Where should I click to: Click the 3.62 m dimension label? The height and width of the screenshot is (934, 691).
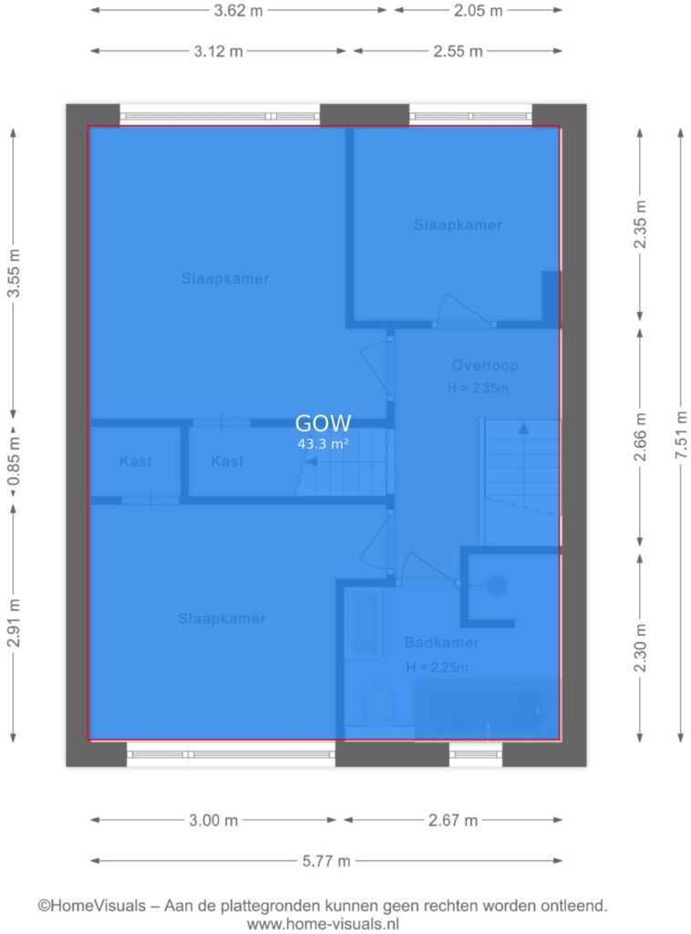(x=238, y=11)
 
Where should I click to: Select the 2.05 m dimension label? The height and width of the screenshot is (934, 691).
(x=478, y=11)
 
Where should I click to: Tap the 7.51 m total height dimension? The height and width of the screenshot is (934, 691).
(x=681, y=435)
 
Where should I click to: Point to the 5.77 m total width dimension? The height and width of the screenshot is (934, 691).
(x=326, y=861)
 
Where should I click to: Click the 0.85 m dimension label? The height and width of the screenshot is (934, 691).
(x=13, y=461)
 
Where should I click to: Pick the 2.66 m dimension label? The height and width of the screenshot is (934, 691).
(x=640, y=437)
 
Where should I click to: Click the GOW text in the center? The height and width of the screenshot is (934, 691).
(x=324, y=423)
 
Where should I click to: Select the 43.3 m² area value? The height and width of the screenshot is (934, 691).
(x=323, y=444)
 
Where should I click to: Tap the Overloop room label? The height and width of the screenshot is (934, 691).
(x=485, y=365)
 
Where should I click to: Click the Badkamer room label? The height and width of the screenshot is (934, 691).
(x=441, y=643)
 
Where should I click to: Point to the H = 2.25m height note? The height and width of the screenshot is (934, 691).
(x=437, y=668)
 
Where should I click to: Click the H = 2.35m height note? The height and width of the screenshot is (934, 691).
(x=478, y=389)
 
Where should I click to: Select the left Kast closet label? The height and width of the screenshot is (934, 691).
(x=135, y=461)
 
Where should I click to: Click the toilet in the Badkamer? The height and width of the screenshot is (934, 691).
(x=378, y=705)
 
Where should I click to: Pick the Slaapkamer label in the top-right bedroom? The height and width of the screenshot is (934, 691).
(x=458, y=224)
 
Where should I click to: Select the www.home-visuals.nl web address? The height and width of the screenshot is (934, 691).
(x=323, y=924)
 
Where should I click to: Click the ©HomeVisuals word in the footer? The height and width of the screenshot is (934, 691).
(x=92, y=906)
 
